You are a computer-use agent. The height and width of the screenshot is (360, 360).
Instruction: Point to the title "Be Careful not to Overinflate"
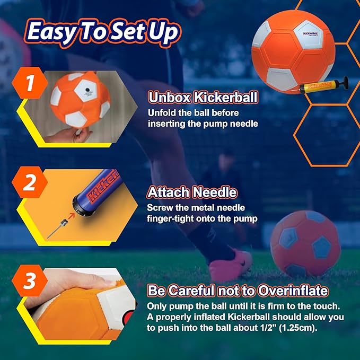click(238, 291)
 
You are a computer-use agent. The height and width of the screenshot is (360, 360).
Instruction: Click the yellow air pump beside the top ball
click(321, 89)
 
